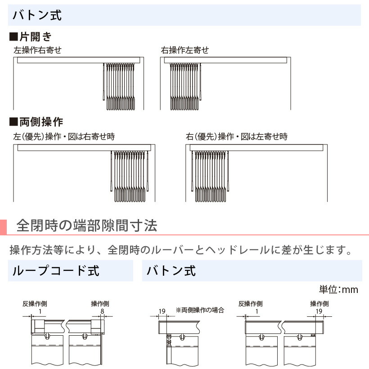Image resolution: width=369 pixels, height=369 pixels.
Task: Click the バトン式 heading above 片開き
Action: [37, 15]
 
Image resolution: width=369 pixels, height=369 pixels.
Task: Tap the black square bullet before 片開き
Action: [13, 37]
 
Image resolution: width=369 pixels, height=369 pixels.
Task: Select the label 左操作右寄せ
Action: [38, 50]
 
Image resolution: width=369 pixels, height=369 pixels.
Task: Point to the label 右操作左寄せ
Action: [185, 50]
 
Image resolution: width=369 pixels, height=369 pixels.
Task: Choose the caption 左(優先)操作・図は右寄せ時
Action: [64, 136]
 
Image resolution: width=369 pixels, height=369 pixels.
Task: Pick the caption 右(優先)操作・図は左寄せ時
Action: [237, 136]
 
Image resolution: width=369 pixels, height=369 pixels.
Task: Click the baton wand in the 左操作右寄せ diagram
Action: [103, 81]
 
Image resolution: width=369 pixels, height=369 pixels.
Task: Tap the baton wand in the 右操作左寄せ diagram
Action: [201, 81]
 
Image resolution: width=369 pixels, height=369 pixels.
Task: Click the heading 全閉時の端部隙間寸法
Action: [86, 225]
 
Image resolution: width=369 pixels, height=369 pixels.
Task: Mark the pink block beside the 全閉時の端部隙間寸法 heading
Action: [3, 227]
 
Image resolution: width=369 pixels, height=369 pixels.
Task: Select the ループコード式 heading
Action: [56, 270]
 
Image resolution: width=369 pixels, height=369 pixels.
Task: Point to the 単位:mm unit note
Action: [338, 289]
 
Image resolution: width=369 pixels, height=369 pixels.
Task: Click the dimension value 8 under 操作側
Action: [102, 311]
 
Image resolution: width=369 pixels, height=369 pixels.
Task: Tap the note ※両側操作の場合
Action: [200, 310]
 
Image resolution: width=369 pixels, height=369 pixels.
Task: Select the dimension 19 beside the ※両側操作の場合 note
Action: [162, 311]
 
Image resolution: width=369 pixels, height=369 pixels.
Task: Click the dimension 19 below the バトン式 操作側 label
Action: [319, 311]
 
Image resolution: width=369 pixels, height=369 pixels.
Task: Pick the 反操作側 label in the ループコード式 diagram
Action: [35, 304]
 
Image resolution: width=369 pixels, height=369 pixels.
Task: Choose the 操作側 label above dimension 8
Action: [100, 304]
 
